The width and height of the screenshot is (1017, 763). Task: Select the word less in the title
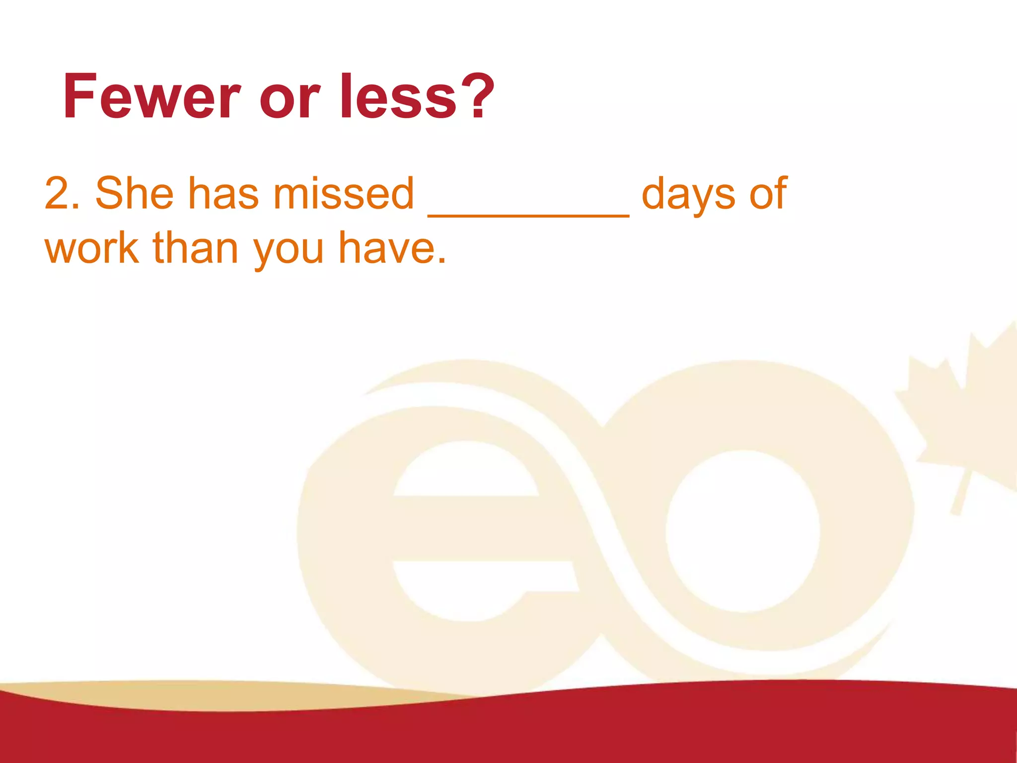click(x=398, y=97)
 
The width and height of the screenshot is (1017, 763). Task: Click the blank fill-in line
click(x=528, y=214)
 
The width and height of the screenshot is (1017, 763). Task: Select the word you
click(x=289, y=251)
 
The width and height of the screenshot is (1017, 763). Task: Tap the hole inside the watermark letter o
click(x=742, y=532)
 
